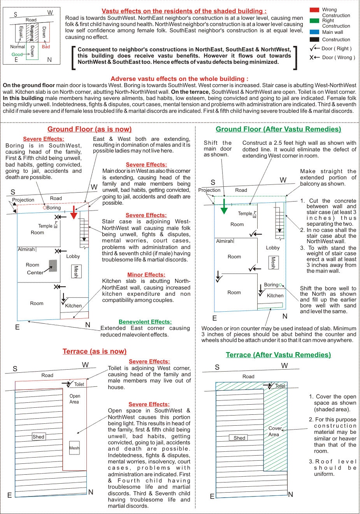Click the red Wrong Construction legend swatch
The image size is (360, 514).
[314, 10]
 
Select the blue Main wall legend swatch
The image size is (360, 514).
[314, 32]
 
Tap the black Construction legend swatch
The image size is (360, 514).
[314, 39]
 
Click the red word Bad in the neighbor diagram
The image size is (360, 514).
[46, 47]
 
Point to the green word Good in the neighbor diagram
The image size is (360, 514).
[17, 54]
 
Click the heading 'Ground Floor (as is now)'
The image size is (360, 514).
[90, 129]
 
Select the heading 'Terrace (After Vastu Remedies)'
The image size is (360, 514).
[278, 355]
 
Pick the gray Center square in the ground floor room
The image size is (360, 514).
[53, 266]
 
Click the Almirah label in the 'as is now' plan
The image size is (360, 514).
[26, 249]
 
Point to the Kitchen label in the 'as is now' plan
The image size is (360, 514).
[74, 306]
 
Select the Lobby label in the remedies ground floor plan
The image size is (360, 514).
[273, 248]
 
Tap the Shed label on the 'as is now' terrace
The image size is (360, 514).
[38, 437]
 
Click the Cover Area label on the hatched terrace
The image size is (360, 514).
[275, 431]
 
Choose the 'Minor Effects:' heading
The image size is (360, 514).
[146, 275]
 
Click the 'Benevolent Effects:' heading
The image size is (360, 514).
[145, 322]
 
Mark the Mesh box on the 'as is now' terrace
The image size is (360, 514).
[74, 448]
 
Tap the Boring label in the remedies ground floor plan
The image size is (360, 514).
[271, 285]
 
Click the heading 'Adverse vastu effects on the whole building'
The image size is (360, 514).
[179, 79]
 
